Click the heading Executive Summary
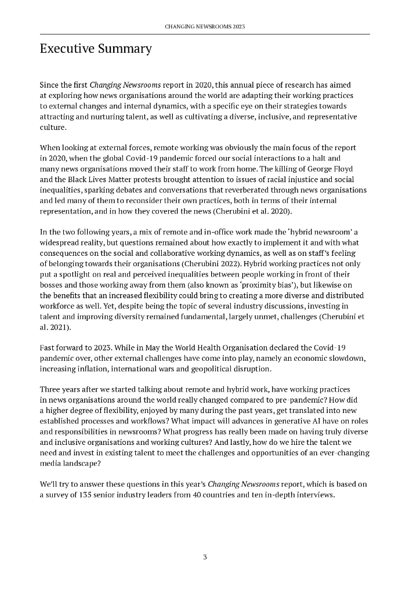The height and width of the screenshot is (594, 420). click(96, 49)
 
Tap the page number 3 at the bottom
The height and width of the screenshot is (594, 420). click(205, 557)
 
